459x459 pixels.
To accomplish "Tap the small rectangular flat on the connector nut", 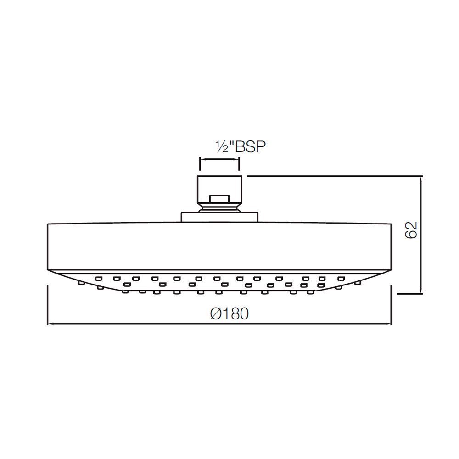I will point(219,199).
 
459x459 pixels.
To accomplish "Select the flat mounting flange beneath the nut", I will point(219,217).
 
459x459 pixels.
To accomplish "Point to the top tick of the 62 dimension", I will point(420,176).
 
